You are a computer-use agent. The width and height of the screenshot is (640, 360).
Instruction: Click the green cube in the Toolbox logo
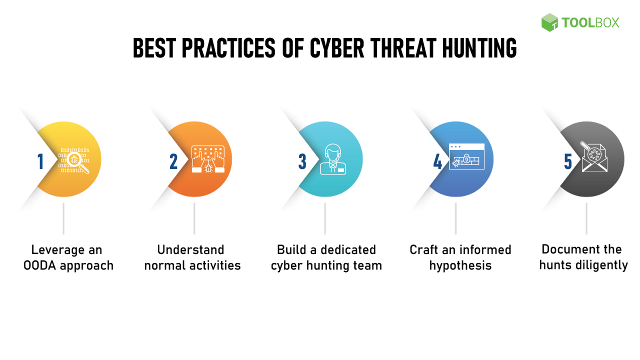coord(549,22)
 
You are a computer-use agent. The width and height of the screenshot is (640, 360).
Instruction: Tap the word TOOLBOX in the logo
coord(590,23)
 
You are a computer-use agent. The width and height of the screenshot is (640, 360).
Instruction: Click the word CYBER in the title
coord(337,48)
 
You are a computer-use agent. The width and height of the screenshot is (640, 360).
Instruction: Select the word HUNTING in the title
coord(479,48)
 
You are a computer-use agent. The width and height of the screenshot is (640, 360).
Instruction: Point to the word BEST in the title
coord(154,48)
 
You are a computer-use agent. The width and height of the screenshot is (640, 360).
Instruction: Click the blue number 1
coord(40,161)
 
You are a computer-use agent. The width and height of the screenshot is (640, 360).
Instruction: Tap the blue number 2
coord(173,161)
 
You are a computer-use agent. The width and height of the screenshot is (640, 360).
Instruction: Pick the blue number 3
coord(302,161)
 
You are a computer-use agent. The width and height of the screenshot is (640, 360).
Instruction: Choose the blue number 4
coord(437,161)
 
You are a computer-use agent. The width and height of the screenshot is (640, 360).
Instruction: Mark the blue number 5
coord(567,161)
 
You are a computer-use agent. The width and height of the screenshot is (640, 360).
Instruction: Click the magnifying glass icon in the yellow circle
coord(77,162)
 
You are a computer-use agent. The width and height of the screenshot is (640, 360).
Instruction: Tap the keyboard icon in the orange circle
coord(208,159)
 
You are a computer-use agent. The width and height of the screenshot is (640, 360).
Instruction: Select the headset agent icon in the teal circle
coord(333,159)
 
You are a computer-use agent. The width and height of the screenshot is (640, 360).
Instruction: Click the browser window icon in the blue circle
coord(466,156)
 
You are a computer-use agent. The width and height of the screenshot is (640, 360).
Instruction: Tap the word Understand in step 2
coord(190,250)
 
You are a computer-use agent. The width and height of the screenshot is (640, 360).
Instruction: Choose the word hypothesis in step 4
coord(460,266)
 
